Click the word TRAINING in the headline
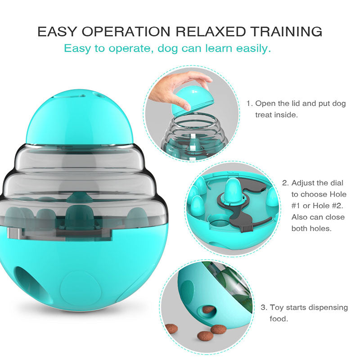click(286, 31)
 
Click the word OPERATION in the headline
click(126, 31)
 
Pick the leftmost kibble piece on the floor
click(171, 329)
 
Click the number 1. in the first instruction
click(250, 103)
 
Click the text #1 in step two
click(296, 206)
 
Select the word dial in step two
click(337, 183)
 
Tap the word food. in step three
click(279, 319)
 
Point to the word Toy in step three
click(277, 308)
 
